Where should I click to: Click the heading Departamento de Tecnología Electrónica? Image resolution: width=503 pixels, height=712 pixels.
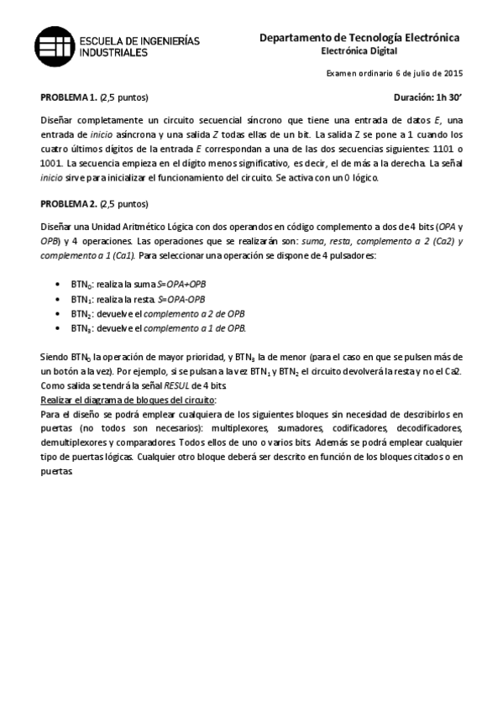(359, 38)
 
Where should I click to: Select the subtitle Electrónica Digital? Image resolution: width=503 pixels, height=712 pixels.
(359, 51)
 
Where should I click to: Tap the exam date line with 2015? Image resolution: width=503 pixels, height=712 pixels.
(394, 74)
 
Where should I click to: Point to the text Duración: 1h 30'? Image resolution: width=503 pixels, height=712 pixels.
(428, 97)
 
